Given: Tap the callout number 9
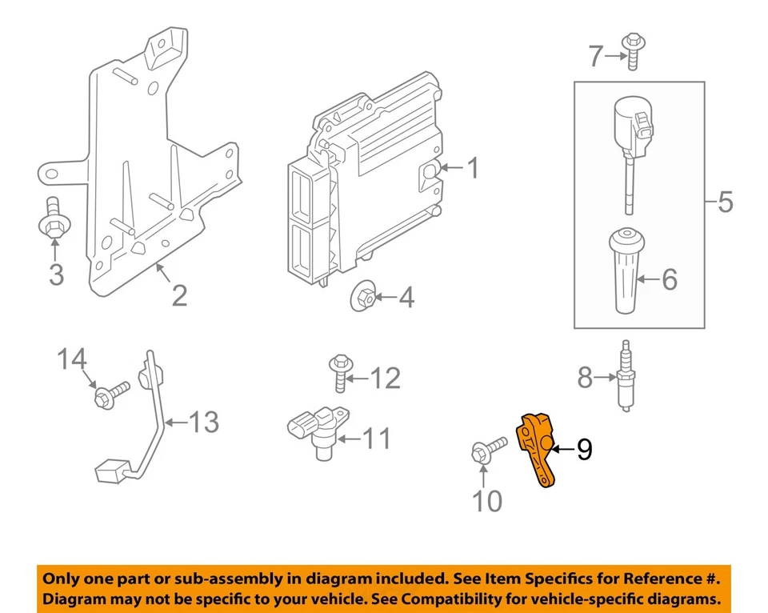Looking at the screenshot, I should (584, 451).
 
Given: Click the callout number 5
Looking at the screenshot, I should (724, 202).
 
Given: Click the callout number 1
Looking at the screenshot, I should (472, 169).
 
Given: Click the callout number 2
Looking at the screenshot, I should (179, 295).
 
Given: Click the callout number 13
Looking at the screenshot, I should (204, 422).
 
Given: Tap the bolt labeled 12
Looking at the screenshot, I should (339, 373).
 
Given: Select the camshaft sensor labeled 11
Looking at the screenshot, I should (316, 430).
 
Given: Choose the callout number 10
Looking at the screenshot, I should (487, 501).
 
